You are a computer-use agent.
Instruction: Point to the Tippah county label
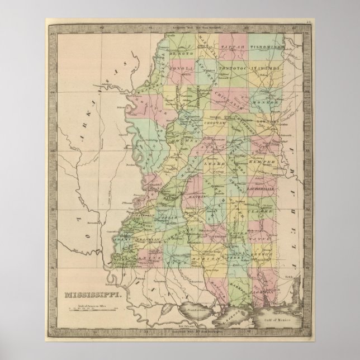[234, 48]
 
